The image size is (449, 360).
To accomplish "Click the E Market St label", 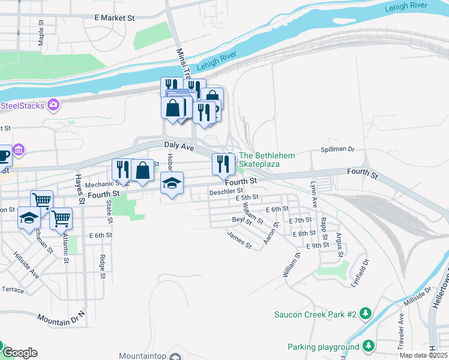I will pyautogui.click(x=114, y=18).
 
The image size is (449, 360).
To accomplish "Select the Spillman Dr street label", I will pyautogui.click(x=338, y=149).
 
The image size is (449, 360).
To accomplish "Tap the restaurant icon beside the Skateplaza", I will pyautogui.click(x=223, y=164).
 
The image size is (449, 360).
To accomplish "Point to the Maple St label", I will pyautogui.click(x=41, y=34).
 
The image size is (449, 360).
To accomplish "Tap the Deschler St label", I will pyautogui.click(x=226, y=192).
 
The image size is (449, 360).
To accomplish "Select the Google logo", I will pyautogui.click(x=20, y=353).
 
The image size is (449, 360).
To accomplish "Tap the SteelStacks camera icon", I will pyautogui.click(x=54, y=105).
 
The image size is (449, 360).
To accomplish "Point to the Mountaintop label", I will pyautogui.click(x=142, y=356).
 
